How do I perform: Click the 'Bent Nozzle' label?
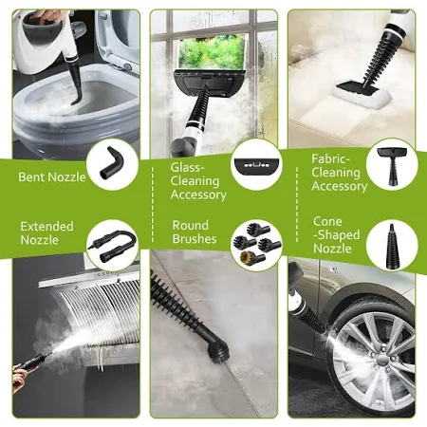tap(52, 176)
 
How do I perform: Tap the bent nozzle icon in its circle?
tap(111, 162)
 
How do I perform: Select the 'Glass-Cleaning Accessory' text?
tap(198, 181)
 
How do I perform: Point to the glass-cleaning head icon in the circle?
tap(256, 165)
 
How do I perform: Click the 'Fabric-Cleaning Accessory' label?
tap(340, 173)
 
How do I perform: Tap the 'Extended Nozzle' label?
tap(46, 233)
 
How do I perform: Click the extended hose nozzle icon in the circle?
tap(113, 245)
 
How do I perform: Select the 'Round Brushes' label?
tap(195, 232)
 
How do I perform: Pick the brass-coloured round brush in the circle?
tap(249, 256)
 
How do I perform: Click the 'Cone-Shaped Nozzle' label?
tap(337, 234)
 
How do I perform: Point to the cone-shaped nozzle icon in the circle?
tap(392, 244)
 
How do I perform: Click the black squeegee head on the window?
tap(209, 83)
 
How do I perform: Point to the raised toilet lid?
tap(118, 40)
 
